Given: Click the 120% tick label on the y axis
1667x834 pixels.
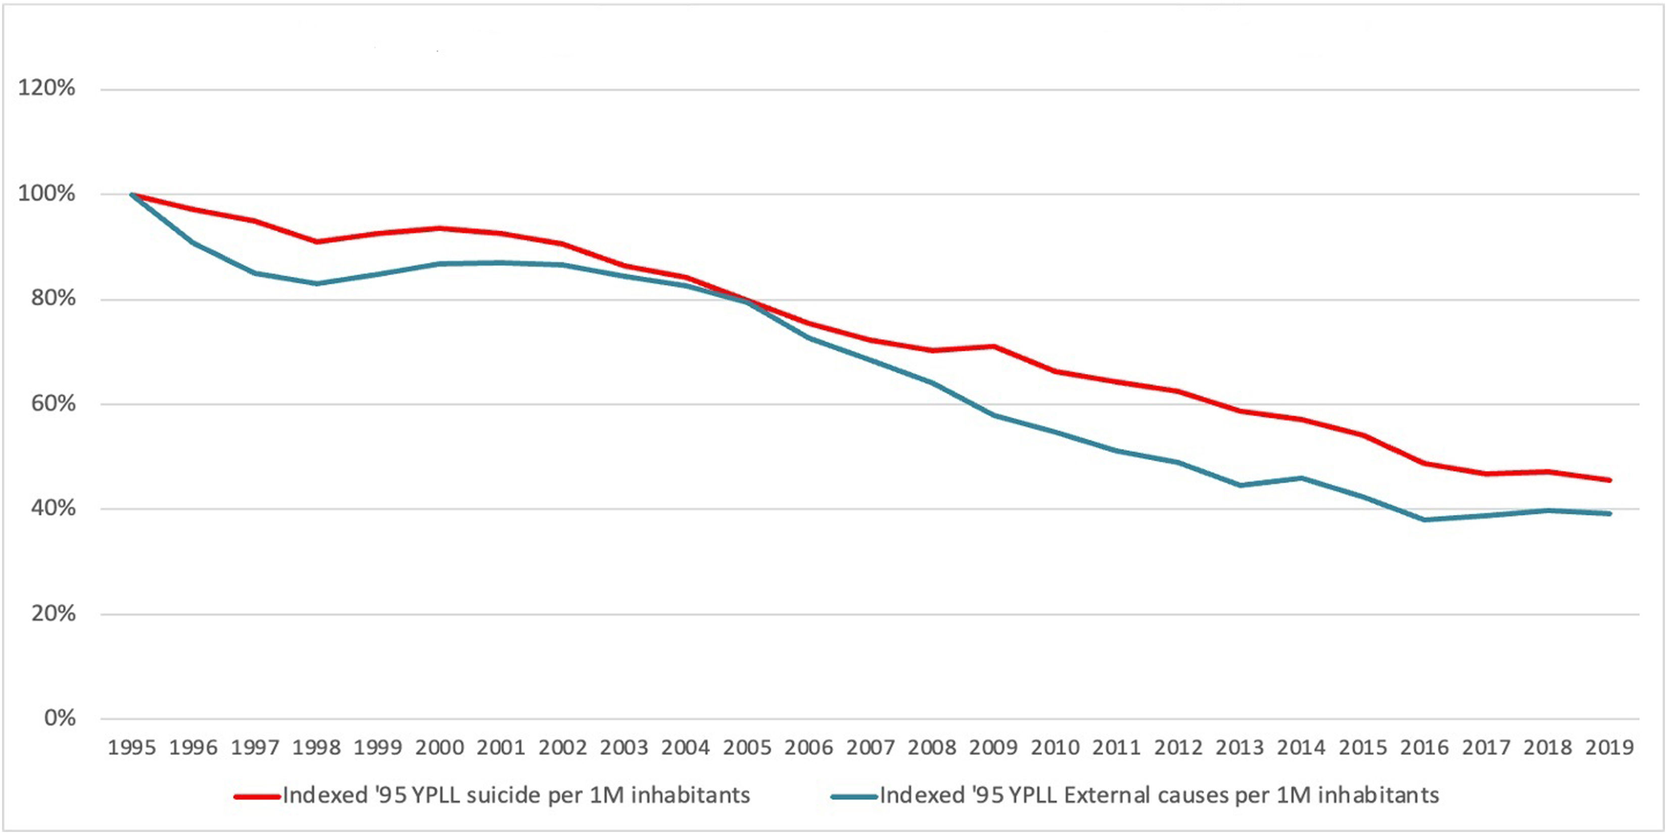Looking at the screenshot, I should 46,88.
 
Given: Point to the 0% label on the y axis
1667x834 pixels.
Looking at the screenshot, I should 60,718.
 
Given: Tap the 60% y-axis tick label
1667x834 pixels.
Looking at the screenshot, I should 53,404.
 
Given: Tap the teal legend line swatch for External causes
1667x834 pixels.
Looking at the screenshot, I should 854,796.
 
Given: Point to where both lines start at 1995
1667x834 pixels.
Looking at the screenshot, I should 132,194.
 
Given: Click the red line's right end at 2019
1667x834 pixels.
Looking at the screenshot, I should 1609,480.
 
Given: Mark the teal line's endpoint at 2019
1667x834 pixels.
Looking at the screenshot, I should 1609,514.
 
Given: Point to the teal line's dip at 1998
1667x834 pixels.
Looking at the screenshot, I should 316,283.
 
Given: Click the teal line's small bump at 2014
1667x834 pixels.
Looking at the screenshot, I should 1301,478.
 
